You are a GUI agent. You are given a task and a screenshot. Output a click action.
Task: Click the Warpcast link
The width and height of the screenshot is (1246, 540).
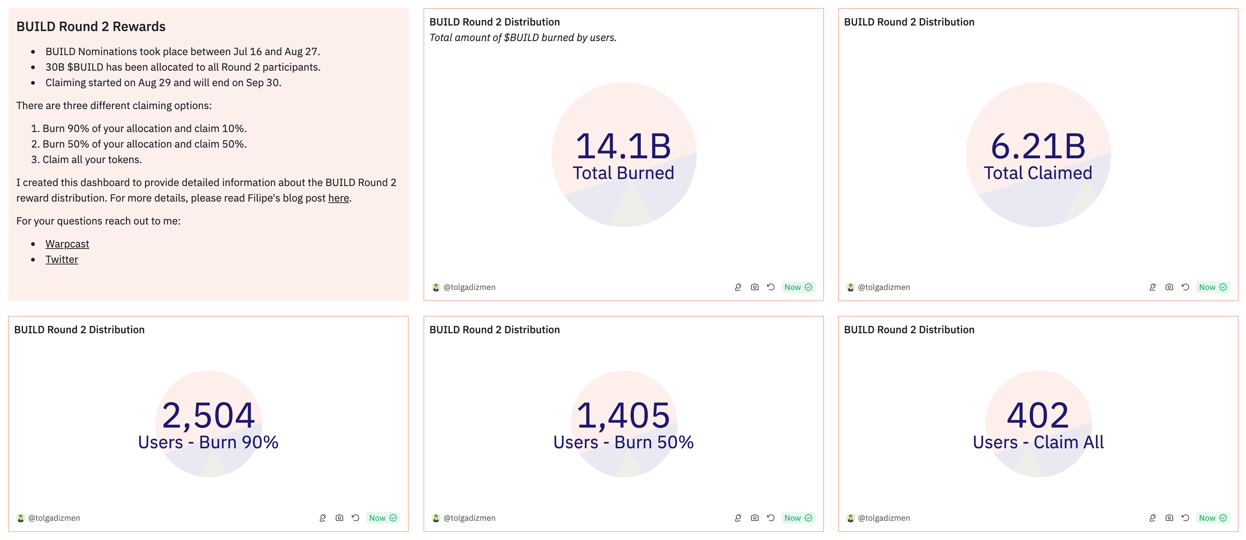tap(67, 244)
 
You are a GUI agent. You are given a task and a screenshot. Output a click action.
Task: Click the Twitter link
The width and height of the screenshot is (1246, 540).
tap(61, 260)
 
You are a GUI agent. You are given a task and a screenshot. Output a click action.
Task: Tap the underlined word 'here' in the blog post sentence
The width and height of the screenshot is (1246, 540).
tap(339, 198)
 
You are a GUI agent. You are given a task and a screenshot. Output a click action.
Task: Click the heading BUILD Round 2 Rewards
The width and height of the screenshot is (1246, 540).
tap(91, 27)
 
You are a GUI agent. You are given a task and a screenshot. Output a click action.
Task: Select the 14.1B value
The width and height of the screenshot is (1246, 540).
tap(623, 146)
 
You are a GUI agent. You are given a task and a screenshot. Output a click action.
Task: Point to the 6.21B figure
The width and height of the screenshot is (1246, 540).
tap(1038, 146)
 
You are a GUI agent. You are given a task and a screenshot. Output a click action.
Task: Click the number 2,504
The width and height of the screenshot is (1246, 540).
tap(208, 415)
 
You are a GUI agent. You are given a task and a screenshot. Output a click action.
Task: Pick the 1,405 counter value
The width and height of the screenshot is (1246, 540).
tap(623, 415)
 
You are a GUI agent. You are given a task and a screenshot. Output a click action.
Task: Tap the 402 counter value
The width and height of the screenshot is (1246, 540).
tap(1038, 415)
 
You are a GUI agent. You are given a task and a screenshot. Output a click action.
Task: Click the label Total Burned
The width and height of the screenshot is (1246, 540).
tap(623, 173)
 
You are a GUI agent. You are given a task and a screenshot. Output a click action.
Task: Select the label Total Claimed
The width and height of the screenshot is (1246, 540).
tap(1038, 173)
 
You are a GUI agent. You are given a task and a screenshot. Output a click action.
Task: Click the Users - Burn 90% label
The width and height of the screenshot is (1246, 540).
tap(208, 442)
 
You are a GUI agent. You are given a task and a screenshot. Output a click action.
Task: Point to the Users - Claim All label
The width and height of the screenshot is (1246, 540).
tap(1038, 442)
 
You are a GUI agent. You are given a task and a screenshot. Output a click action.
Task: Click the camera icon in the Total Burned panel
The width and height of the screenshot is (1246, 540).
tap(754, 287)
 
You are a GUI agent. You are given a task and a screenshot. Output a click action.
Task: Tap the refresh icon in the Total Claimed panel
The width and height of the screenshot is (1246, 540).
tap(1185, 287)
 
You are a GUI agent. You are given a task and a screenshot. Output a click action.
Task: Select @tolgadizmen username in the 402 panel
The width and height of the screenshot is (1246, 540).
tap(884, 518)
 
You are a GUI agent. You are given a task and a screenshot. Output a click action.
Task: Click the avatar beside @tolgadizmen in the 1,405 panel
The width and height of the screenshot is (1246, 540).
tap(436, 518)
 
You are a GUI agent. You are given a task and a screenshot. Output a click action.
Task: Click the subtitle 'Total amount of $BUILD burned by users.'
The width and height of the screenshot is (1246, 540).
tap(523, 38)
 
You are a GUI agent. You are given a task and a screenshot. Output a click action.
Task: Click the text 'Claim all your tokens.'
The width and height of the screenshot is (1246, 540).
tap(92, 159)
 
